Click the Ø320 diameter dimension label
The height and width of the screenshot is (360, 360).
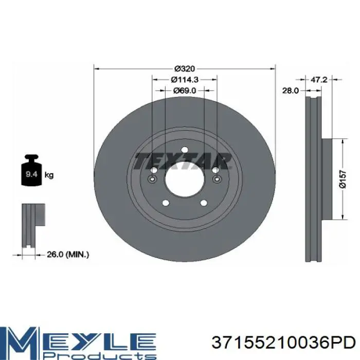click(x=184, y=68)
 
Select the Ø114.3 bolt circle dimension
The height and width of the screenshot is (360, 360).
click(x=185, y=79)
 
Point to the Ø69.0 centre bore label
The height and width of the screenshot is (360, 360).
click(x=185, y=91)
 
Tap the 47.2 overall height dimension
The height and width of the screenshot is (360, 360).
click(x=319, y=79)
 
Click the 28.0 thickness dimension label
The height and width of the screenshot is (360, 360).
click(x=291, y=91)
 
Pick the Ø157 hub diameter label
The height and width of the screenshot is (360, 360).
click(x=343, y=179)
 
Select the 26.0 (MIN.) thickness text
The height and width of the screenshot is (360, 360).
click(x=68, y=255)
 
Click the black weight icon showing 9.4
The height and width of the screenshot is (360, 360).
click(x=31, y=170)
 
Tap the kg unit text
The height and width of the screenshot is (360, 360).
click(x=49, y=175)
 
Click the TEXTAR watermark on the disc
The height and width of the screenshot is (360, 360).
click(x=183, y=161)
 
